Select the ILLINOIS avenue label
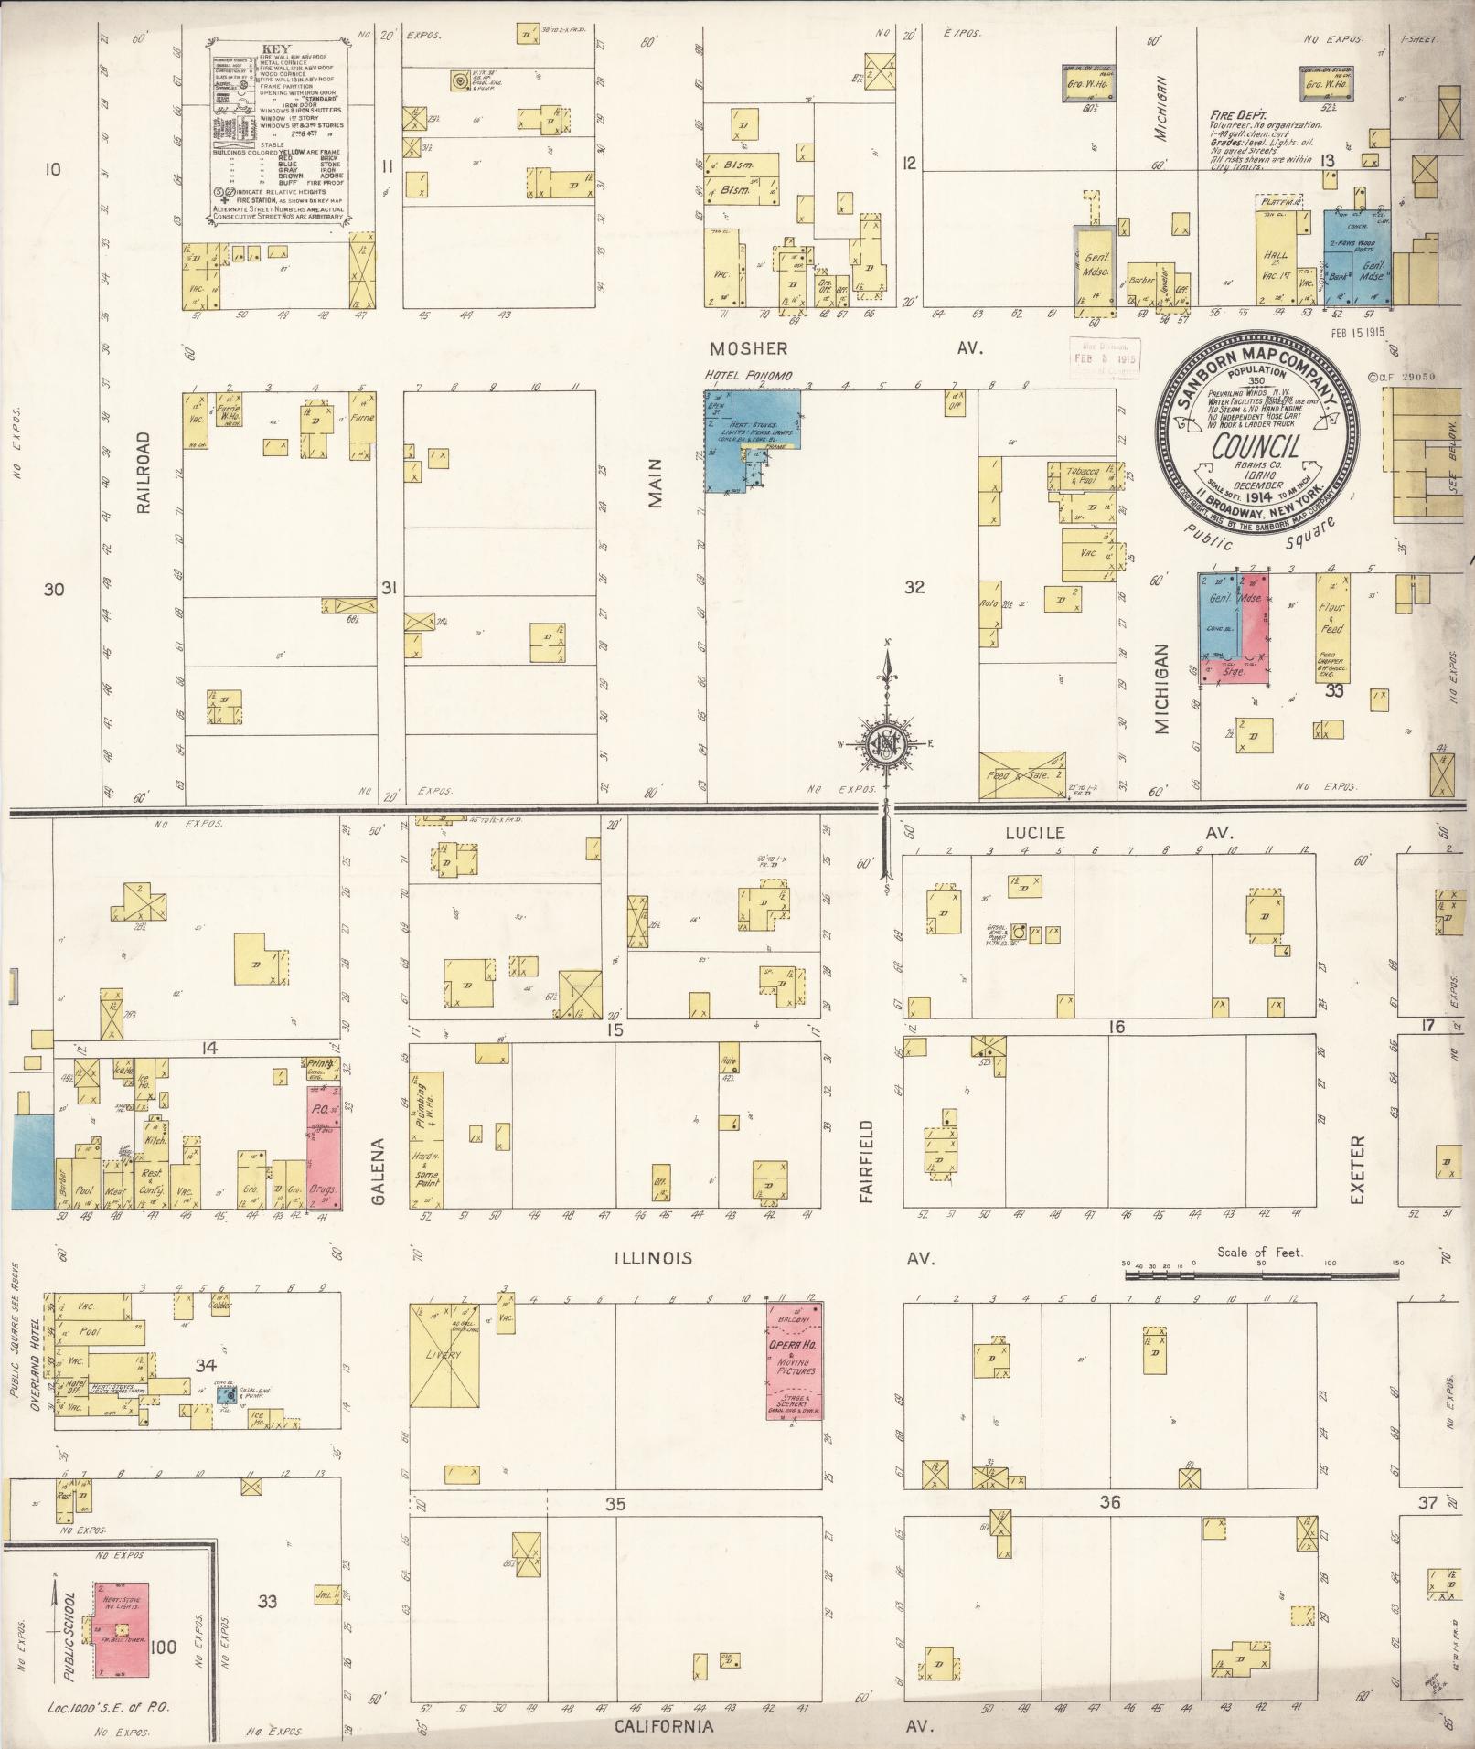652,1258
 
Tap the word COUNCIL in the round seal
1256,447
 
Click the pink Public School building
122,1630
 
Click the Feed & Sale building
1021,775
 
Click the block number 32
914,587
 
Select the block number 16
1116,1027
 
